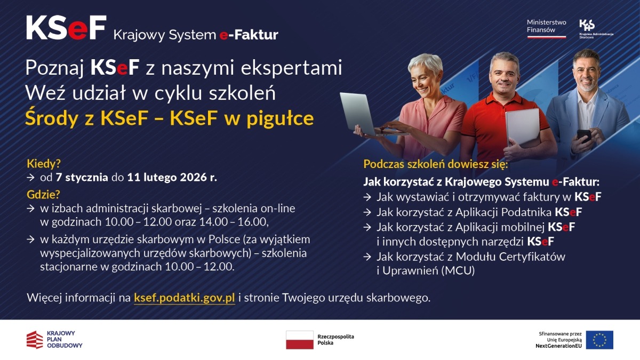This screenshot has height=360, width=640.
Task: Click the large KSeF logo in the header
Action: tap(66, 28)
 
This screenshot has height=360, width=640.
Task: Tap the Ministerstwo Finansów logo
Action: tap(546, 27)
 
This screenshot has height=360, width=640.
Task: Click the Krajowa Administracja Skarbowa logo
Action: tap(595, 28)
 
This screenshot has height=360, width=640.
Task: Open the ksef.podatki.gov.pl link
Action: tap(185, 298)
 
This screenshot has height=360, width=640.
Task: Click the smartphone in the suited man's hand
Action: tap(583, 134)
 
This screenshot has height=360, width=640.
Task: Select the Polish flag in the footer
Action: tap(299, 340)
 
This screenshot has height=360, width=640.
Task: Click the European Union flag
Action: tap(599, 340)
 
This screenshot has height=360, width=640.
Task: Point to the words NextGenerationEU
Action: tap(558, 346)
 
